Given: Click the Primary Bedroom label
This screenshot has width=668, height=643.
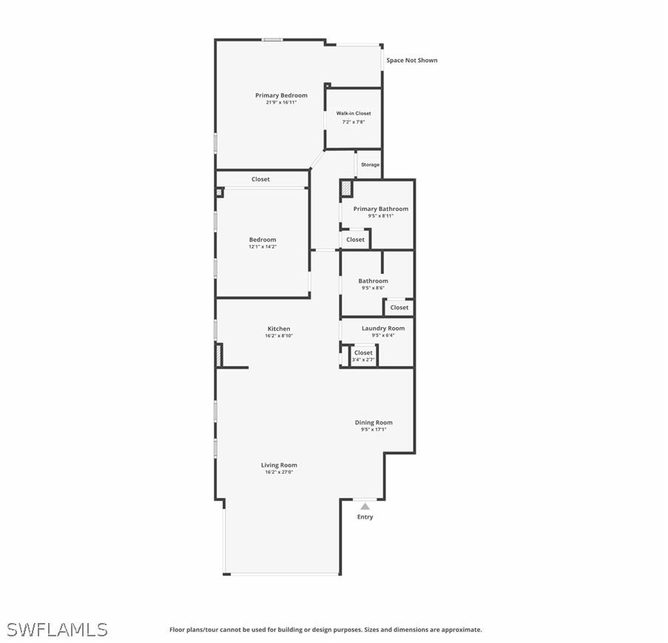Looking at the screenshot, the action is (281, 95).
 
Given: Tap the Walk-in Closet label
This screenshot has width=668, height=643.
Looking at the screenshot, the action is (354, 113).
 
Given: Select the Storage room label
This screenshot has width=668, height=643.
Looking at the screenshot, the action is (370, 164).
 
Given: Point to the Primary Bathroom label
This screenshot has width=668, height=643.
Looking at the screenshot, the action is (380, 209).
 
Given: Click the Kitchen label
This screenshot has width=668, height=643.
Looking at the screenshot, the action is (279, 329).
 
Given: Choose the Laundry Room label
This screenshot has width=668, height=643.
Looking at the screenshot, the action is (383, 328).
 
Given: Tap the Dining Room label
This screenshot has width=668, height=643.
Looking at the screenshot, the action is (374, 423).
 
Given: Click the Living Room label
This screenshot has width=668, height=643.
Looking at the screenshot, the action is (279, 465).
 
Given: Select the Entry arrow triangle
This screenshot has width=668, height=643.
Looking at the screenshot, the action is (365, 507).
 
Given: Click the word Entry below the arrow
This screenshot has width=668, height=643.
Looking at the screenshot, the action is (365, 517).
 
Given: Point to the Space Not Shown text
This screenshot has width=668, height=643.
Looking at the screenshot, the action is (411, 60).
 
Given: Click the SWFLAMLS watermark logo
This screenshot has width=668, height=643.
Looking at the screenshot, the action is (57, 630).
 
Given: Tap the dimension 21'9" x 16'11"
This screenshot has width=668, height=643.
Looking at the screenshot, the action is (281, 102).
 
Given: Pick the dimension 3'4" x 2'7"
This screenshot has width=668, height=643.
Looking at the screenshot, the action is (363, 360).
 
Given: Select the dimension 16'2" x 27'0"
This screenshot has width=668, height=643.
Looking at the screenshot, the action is (279, 471).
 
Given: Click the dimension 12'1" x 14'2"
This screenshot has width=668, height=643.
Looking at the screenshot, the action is (263, 246).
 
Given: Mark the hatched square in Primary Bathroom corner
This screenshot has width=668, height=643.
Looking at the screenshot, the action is (346, 189).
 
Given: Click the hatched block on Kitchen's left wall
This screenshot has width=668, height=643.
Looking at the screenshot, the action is (219, 355).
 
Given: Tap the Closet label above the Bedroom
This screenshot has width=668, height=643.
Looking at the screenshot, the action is (260, 179).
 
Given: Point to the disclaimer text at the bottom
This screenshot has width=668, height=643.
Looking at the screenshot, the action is (325, 630).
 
